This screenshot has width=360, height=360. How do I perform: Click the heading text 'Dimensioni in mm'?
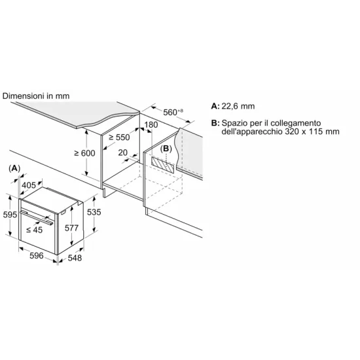click(x=36, y=96)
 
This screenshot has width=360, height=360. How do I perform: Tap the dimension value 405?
click(x=29, y=186)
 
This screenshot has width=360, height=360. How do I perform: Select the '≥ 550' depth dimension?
click(x=120, y=138)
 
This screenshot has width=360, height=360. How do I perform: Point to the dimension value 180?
click(x=151, y=124)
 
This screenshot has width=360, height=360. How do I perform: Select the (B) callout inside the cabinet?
click(x=167, y=149)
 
